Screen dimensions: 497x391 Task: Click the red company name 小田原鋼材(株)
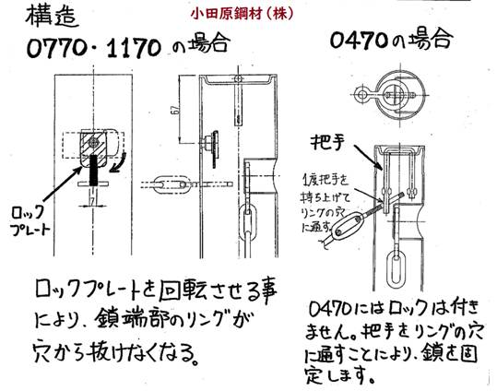tap(242, 14)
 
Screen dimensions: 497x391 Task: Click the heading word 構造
tap(52, 17)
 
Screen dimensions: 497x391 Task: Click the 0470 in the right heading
tap(359, 41)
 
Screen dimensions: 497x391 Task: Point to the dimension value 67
tap(174, 110)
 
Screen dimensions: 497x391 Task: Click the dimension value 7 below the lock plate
tap(92, 200)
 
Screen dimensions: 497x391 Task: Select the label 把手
tap(327, 142)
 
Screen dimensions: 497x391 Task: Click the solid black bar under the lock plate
tap(93, 170)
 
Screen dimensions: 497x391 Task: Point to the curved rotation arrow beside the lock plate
tap(118, 162)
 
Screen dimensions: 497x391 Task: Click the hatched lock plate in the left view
tap(93, 147)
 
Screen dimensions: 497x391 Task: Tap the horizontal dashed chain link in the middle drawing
tap(171, 184)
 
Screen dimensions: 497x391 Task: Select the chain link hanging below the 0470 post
tap(396, 268)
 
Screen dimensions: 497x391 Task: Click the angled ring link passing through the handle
tap(347, 225)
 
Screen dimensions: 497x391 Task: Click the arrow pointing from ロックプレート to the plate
tap(62, 184)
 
